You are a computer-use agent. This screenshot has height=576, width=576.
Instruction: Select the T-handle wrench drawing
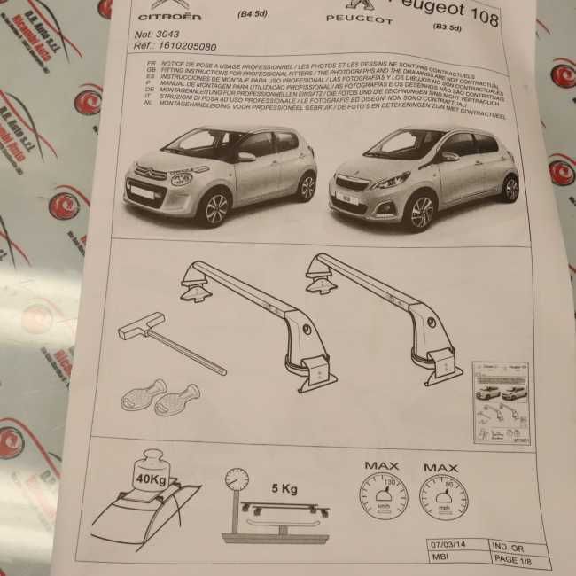click(x=167, y=341)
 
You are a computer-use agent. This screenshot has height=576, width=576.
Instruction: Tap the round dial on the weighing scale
click(x=237, y=479)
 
